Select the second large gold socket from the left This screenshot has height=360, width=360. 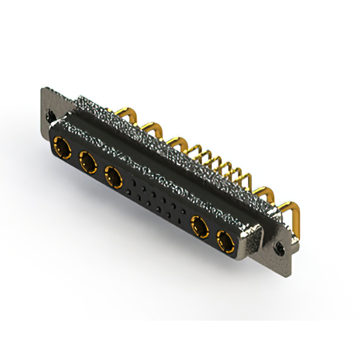(x=87, y=164)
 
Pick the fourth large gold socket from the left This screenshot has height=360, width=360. (x=199, y=228)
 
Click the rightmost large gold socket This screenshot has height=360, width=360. (x=226, y=243)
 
